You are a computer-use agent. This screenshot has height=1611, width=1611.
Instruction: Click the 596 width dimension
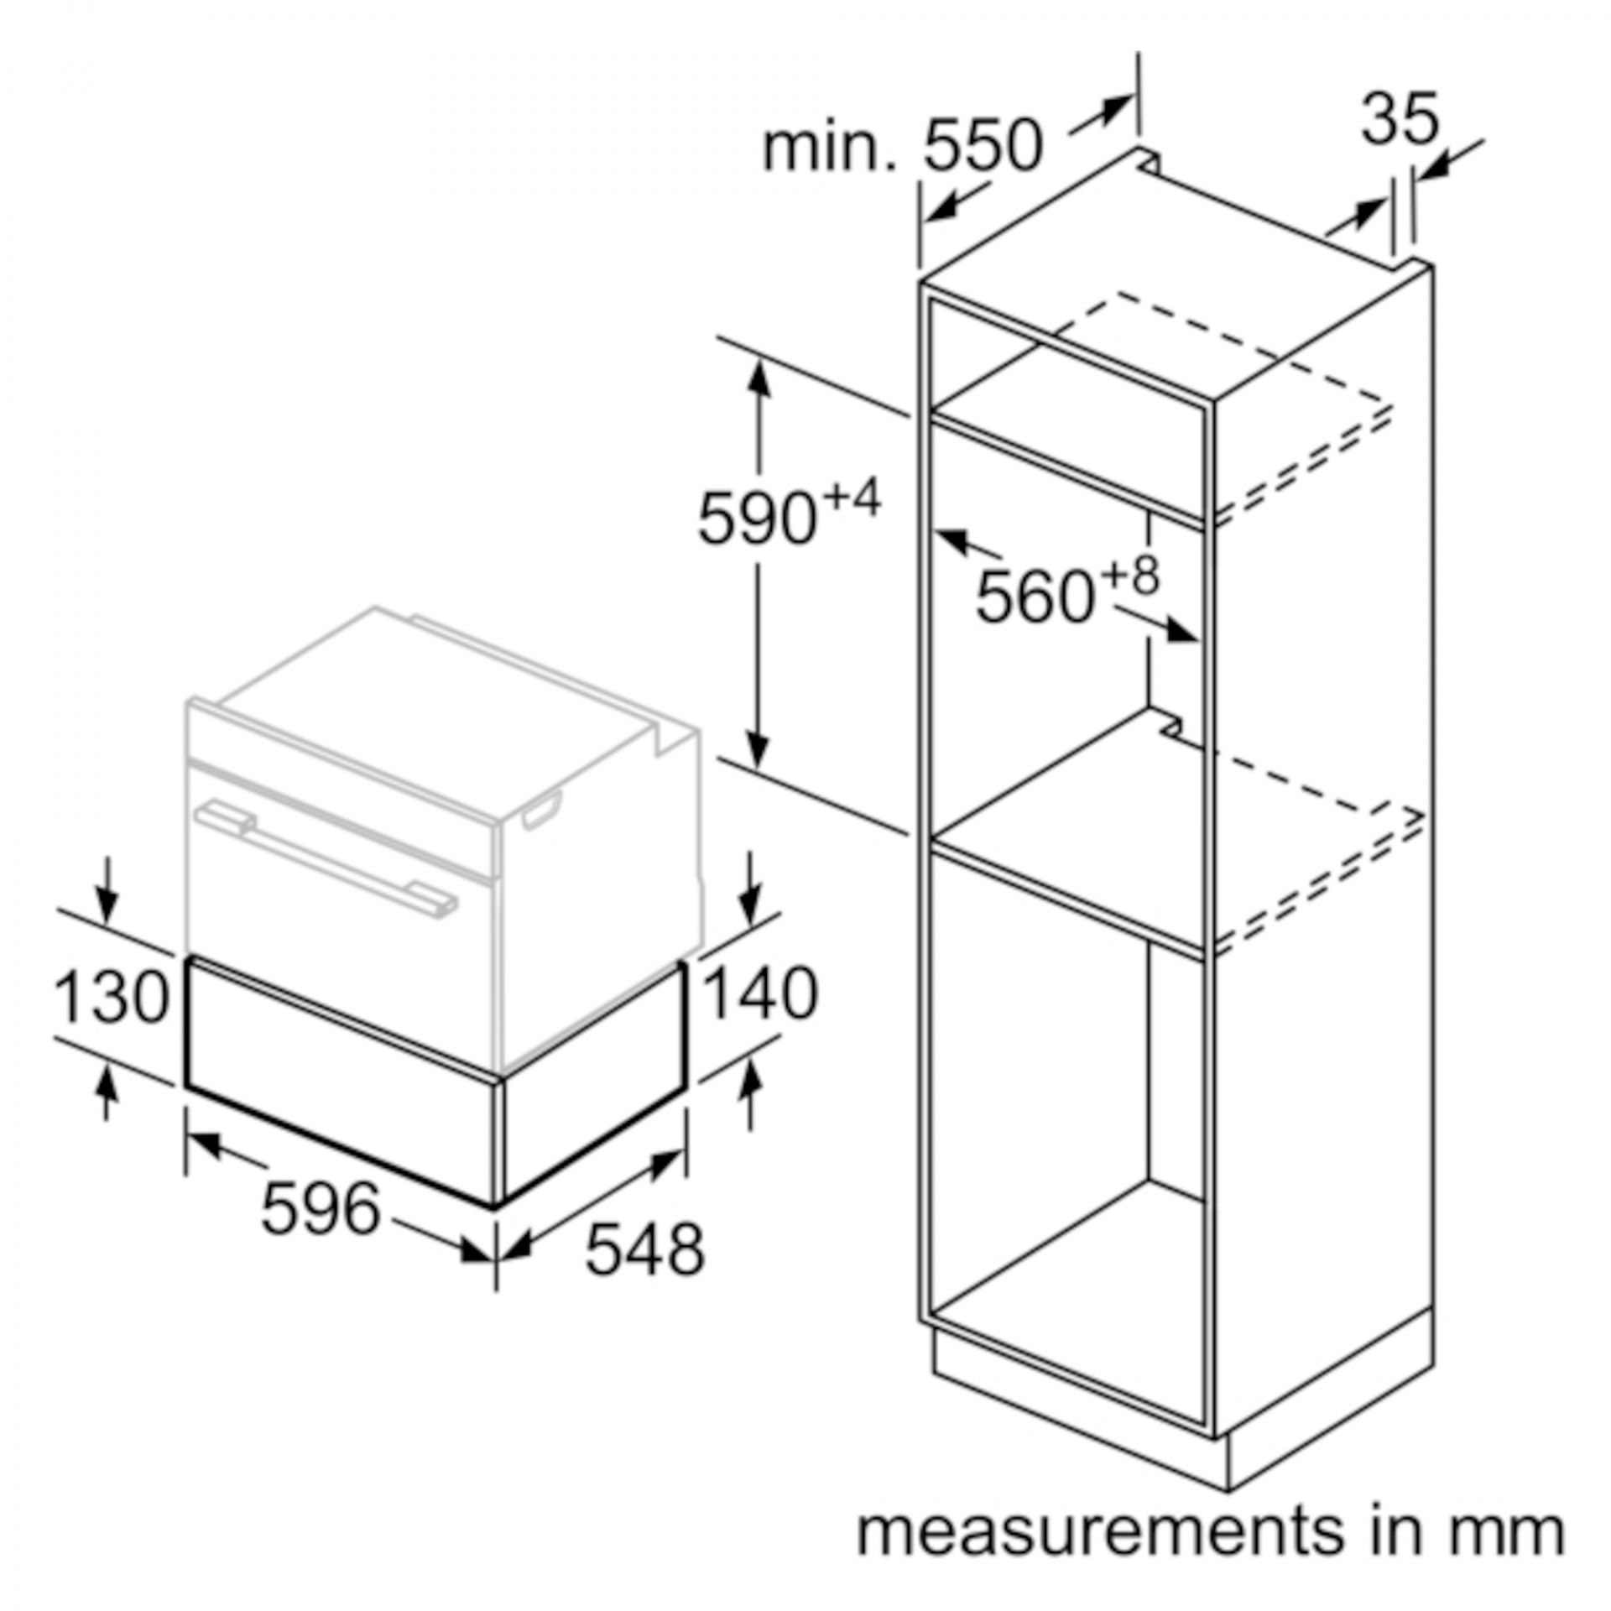click(321, 1209)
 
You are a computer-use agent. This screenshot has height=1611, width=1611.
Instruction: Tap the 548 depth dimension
click(644, 1273)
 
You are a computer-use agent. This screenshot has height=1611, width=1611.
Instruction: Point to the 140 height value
click(761, 993)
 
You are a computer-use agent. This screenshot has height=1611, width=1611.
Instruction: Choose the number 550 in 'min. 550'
click(983, 146)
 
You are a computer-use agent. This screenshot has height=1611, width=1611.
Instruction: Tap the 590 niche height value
click(757, 519)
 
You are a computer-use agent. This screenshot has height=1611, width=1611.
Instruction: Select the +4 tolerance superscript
click(852, 499)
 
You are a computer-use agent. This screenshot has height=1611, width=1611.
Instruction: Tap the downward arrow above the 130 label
click(107, 905)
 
